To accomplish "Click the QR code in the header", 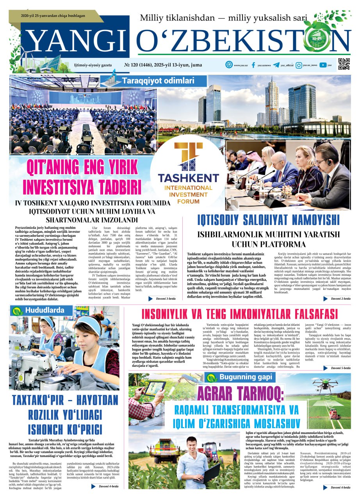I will click(344, 64).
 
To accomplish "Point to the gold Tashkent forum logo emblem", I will click(188, 157).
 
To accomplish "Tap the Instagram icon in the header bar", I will click(299, 65).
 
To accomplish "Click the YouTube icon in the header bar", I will click(323, 65).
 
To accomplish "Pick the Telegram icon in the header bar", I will click(276, 65).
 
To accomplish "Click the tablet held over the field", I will click(155, 389).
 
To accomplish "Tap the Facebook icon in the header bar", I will click(253, 65).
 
